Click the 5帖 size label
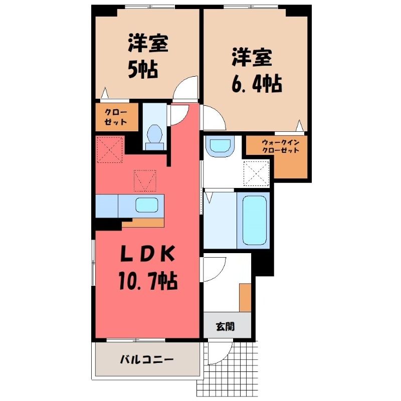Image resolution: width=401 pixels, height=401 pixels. point(142,69)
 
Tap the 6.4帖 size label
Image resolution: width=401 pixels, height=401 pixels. point(257,84)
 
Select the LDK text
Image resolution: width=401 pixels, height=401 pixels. point(148,254)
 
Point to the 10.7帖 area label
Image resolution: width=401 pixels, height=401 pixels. point(148,281)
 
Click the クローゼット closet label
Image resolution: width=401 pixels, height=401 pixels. point(116,117)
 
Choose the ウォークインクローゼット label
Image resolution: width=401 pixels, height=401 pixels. point(281,146)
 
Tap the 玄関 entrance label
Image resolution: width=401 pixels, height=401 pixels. point(225,327)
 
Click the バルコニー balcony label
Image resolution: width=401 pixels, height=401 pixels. point(147,360)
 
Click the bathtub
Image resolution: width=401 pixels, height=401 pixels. point(255,220)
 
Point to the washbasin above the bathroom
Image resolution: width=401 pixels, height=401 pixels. point(220,146)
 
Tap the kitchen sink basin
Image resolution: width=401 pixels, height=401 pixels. point(146,205)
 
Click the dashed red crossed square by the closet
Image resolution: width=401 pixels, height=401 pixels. point(110,149)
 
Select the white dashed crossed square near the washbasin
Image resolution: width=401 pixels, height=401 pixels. point(257,173)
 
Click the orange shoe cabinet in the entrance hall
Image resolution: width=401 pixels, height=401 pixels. point(245,297)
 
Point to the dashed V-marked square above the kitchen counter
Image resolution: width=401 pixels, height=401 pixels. point(145,180)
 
